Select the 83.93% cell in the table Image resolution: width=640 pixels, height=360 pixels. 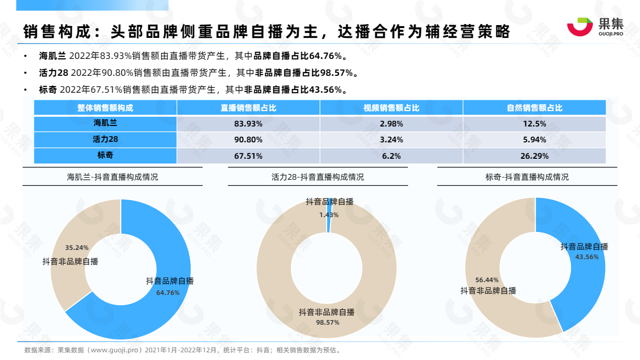coord(248,124)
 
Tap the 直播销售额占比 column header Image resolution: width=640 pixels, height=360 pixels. coord(248,108)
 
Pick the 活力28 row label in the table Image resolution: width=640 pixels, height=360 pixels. coord(105,139)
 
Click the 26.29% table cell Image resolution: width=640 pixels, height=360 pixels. coord(534,156)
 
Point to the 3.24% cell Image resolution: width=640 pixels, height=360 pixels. coord(392,140)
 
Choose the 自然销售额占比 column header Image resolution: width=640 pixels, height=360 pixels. coord(534,108)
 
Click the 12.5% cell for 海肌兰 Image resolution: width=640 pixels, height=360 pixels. coord(534,124)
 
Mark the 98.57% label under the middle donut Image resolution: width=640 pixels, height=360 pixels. coord(327,323)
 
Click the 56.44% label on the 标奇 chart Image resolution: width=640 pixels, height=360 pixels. coord(487,280)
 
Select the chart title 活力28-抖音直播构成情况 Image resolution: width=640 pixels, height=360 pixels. coord(317,177)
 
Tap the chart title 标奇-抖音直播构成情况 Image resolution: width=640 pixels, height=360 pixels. coord(527,177)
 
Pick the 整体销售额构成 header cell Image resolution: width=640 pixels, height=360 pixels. coord(105,108)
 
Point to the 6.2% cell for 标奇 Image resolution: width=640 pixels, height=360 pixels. coord(392,156)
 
